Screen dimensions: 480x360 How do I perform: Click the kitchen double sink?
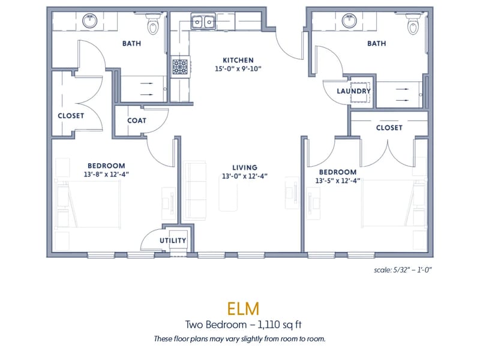click(203, 22)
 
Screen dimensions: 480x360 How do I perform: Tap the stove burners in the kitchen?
click(180, 67)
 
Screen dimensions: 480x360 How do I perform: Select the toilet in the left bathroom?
click(154, 24)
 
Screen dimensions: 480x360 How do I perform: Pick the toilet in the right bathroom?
click(413, 24)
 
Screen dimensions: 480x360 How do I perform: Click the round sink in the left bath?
click(89, 21)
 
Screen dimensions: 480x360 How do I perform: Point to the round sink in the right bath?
click(349, 21)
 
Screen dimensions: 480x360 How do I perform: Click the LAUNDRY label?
click(354, 91)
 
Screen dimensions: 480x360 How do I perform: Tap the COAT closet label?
click(137, 121)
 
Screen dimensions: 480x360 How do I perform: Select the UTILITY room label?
click(173, 241)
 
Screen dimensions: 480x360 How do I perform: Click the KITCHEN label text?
click(238, 60)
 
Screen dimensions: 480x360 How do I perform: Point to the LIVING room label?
click(245, 167)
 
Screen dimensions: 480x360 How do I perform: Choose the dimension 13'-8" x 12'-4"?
click(106, 174)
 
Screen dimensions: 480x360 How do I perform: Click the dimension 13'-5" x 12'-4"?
click(338, 181)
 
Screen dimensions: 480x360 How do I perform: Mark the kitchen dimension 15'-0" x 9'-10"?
click(238, 68)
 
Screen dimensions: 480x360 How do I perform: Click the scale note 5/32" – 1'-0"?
click(403, 270)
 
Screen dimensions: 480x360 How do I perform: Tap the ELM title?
click(243, 308)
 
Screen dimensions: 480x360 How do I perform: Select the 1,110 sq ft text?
click(280, 325)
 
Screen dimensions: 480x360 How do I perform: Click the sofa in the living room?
click(194, 190)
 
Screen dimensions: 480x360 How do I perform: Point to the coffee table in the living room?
click(228, 193)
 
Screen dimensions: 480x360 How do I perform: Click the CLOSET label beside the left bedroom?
click(71, 116)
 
